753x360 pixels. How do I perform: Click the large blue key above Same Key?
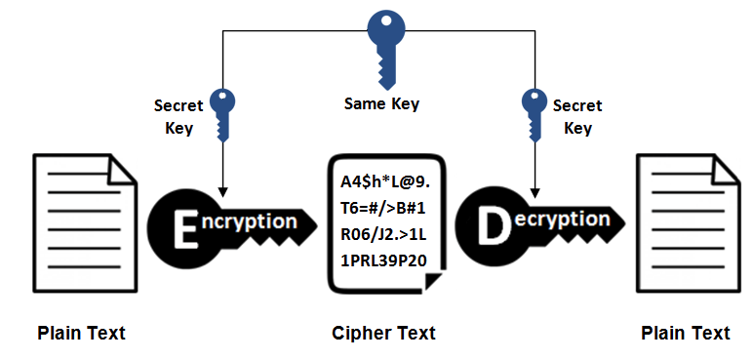pyautogui.click(x=385, y=47)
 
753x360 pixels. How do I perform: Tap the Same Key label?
pyautogui.click(x=381, y=103)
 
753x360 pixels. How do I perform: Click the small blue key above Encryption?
pyautogui.click(x=221, y=114)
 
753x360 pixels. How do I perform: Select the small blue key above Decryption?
pyautogui.click(x=535, y=114)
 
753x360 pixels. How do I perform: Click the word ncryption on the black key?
pyautogui.click(x=250, y=222)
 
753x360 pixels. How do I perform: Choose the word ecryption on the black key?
pyautogui.click(x=560, y=220)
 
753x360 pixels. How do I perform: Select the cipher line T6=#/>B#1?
pyautogui.click(x=383, y=209)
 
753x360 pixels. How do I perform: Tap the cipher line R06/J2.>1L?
pyautogui.click(x=383, y=235)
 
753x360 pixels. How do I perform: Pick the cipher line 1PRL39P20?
pyautogui.click(x=383, y=261)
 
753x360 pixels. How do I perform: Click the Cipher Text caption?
pyautogui.click(x=383, y=333)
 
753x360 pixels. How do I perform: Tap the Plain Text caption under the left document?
pyautogui.click(x=82, y=333)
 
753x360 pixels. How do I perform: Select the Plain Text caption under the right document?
pyautogui.click(x=686, y=333)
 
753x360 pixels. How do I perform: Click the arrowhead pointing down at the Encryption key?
pyautogui.click(x=221, y=192)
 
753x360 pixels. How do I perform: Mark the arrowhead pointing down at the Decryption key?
pyautogui.click(x=535, y=192)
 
